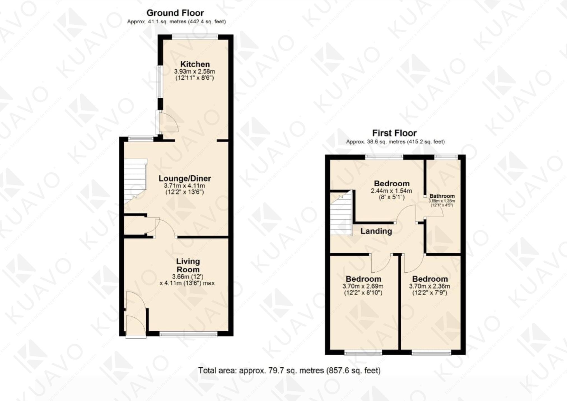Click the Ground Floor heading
pos(175,13)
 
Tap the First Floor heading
pos(394,133)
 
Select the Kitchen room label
pos(195,64)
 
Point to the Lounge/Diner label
pos(185,178)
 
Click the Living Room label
pos(188,265)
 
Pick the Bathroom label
pos(442,196)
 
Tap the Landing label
pos(376,231)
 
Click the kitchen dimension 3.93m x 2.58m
pos(195,71)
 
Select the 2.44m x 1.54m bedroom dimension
pos(391,191)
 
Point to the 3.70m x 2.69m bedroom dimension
pos(363,286)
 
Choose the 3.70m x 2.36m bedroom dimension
pos(430,286)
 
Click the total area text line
pos(289,371)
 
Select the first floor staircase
pos(341,213)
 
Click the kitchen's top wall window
pos(195,36)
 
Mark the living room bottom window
pos(188,334)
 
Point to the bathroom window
pos(446,157)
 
